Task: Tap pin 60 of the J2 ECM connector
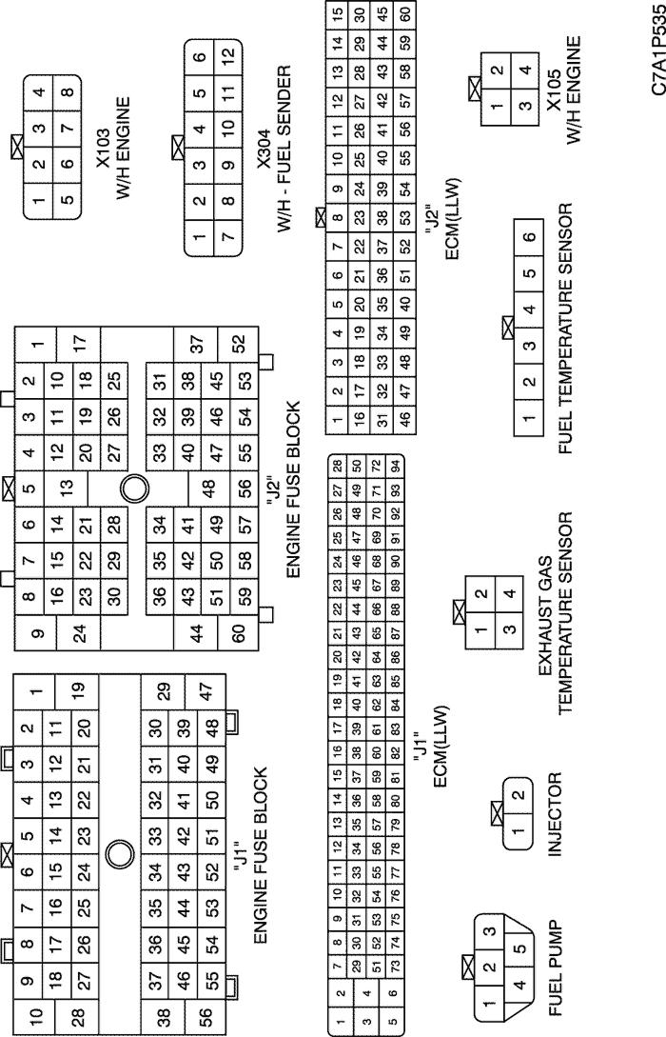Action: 405,12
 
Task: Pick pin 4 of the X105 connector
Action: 525,70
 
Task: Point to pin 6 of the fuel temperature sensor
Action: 529,237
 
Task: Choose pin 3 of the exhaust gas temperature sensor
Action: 509,628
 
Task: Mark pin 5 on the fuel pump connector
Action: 520,948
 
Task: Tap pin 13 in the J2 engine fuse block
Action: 66,489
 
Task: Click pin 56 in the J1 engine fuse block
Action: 206,1013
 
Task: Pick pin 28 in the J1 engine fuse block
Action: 77,1014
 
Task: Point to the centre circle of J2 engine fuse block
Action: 134,489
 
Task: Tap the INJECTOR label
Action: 555,815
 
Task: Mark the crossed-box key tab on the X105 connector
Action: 474,88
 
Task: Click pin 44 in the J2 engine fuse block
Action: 196,633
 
